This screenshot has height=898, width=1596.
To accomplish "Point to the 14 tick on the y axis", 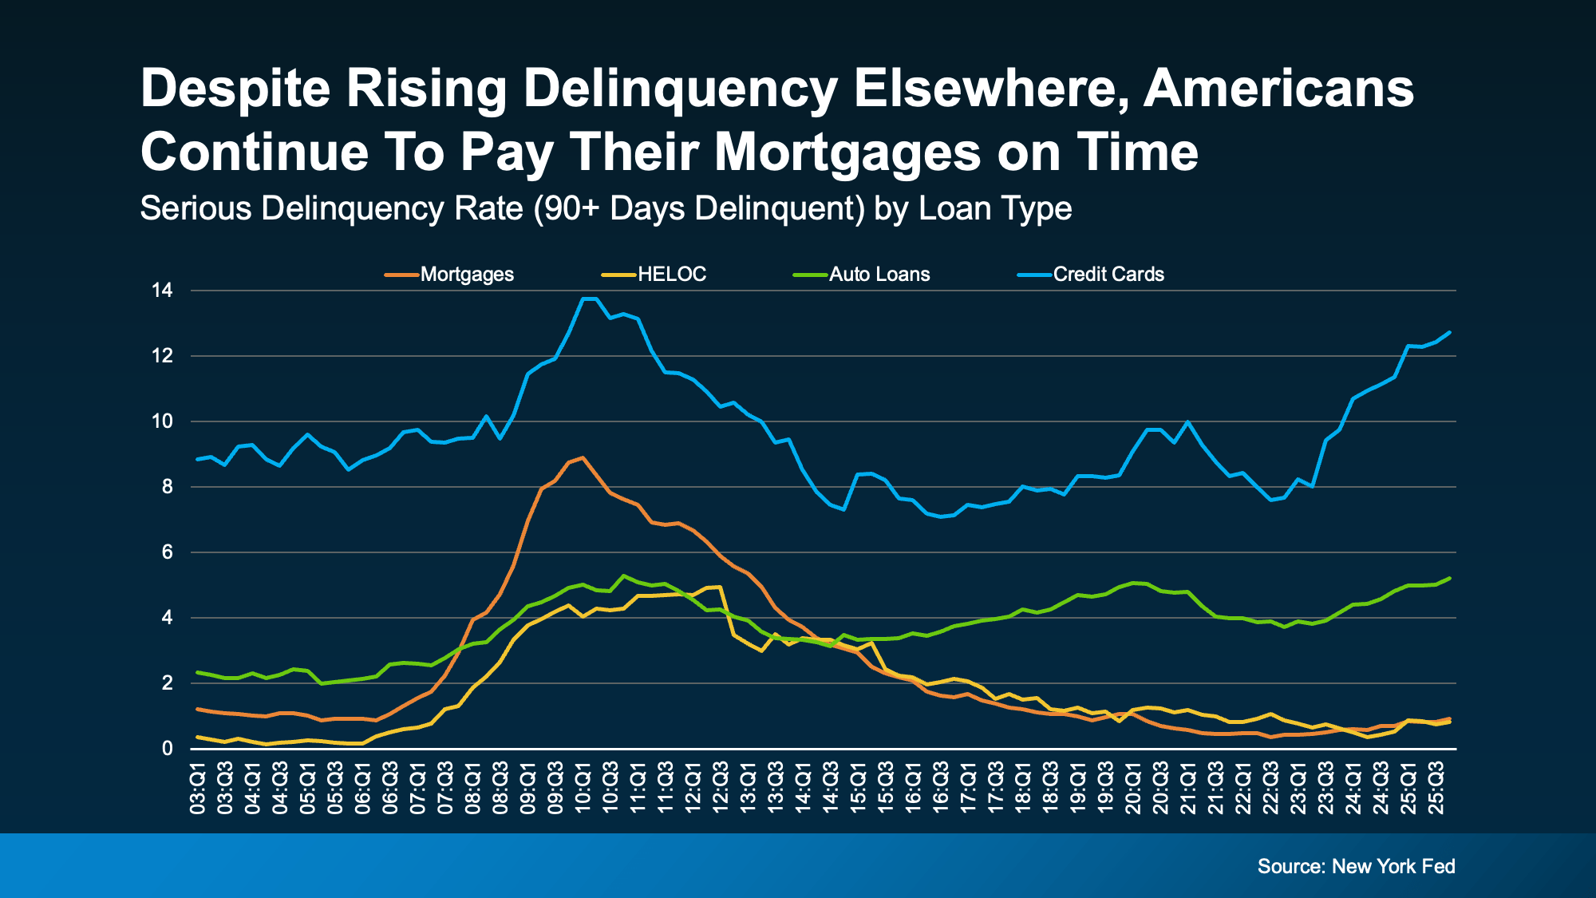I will click(162, 291).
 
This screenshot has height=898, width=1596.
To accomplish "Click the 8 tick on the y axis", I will click(167, 487).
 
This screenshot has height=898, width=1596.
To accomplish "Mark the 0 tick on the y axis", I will click(167, 749).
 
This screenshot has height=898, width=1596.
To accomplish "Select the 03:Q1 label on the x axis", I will click(198, 788).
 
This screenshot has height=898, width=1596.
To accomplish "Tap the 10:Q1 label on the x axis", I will click(583, 788).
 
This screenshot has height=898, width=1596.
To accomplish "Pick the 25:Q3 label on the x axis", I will click(1436, 788).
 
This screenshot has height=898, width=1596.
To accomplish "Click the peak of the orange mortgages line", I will click(583, 457).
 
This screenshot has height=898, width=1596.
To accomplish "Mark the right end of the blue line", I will click(1450, 332).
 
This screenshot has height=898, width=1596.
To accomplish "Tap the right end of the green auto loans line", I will click(1450, 578).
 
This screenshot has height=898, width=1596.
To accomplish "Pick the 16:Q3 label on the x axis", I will click(941, 788).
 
